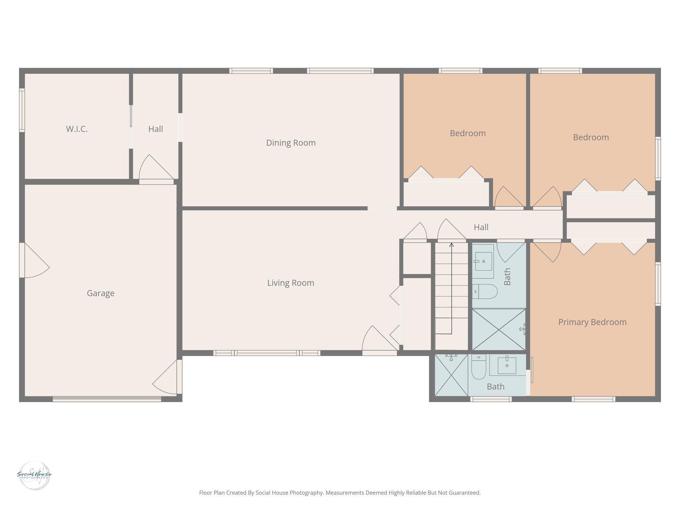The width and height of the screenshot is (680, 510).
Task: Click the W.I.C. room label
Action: (x=77, y=129)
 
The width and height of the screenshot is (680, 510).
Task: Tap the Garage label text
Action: (x=101, y=293)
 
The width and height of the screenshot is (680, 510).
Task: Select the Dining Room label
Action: (x=291, y=143)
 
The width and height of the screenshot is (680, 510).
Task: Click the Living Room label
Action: (x=291, y=283)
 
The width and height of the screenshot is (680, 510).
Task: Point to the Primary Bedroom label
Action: (x=592, y=322)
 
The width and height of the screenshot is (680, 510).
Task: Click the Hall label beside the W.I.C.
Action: (x=155, y=129)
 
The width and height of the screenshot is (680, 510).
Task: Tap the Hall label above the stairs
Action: (x=481, y=227)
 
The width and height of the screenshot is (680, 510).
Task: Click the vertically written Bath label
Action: (x=507, y=277)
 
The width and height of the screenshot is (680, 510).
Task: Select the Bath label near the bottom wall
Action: (x=495, y=386)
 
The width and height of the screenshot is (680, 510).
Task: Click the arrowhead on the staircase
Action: (x=452, y=245)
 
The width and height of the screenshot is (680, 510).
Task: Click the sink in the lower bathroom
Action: (x=507, y=365)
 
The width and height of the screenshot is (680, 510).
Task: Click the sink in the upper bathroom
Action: (x=483, y=261)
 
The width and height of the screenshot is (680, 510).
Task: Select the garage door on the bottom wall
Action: (x=107, y=399)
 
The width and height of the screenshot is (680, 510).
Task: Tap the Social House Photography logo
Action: (x=34, y=475)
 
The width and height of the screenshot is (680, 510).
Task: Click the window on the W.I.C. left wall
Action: (x=22, y=110)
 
